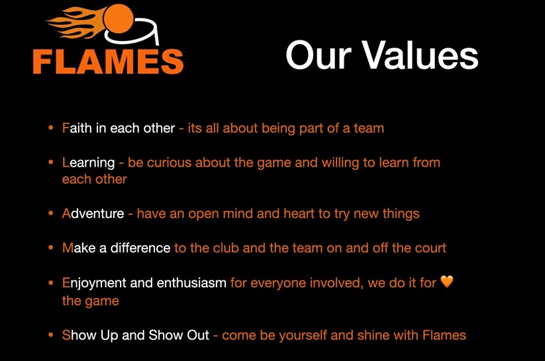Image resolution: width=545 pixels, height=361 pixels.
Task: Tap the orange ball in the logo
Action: pyautogui.click(x=120, y=19)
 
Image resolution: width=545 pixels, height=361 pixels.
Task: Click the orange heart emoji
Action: pyautogui.click(x=447, y=282)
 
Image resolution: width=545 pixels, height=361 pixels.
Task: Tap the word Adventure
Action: pyautogui.click(x=93, y=214)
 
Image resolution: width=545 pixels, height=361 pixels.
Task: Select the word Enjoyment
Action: pyautogui.click(x=93, y=283)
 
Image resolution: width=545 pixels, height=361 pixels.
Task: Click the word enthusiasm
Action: pyautogui.click(x=191, y=283)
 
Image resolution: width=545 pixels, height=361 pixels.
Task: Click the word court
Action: pyautogui.click(x=429, y=248)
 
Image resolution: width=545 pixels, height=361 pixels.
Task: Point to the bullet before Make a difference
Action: pyautogui.click(x=51, y=249)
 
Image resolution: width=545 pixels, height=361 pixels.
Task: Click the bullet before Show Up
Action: pyautogui.click(x=51, y=335)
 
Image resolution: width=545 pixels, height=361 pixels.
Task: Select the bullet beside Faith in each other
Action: pyautogui.click(x=51, y=128)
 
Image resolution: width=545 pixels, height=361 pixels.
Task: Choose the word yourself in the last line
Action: pyautogui.click(x=306, y=335)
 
